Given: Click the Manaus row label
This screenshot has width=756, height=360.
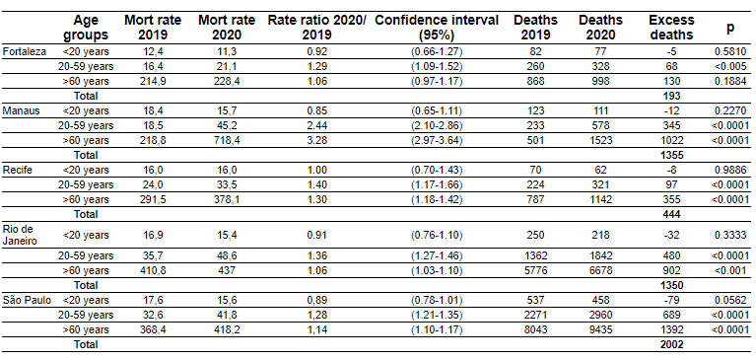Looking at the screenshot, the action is [x=19, y=111].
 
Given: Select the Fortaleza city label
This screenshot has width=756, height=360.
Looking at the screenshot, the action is [x=23, y=51].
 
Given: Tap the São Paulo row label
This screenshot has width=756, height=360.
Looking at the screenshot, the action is [x=24, y=300].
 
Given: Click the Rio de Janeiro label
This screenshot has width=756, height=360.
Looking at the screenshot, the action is [x=20, y=235].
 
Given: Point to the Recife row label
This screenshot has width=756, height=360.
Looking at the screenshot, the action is [x=17, y=170].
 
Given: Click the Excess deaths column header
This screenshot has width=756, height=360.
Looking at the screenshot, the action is [x=671, y=28].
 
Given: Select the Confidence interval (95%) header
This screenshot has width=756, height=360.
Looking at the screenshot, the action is [x=437, y=28].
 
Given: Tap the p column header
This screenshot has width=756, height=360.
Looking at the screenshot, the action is [x=731, y=28].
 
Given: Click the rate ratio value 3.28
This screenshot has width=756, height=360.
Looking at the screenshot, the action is [x=317, y=140].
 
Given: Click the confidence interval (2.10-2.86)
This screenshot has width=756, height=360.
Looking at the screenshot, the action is [x=437, y=125].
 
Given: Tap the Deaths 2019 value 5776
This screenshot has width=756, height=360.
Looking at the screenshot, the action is [x=535, y=270].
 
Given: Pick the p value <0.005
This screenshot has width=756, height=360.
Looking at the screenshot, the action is [x=731, y=66].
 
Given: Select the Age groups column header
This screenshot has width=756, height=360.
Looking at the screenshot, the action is [x=86, y=28].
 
